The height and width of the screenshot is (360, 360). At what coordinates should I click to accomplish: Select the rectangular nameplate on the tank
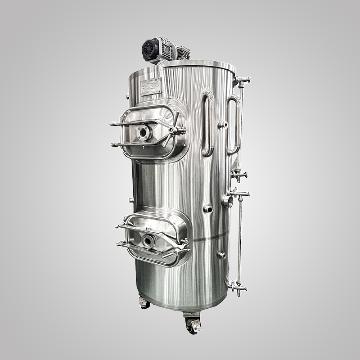[x=151, y=86]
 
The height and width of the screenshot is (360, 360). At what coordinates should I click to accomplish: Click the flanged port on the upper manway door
[x=143, y=133]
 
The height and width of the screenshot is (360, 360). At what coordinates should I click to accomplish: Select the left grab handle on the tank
[x=208, y=124]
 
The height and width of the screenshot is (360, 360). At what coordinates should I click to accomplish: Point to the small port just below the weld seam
[x=221, y=255]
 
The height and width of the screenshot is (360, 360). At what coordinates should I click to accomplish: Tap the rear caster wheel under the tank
[x=144, y=303]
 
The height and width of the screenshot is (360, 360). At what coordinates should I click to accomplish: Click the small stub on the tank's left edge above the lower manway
[x=131, y=200]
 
